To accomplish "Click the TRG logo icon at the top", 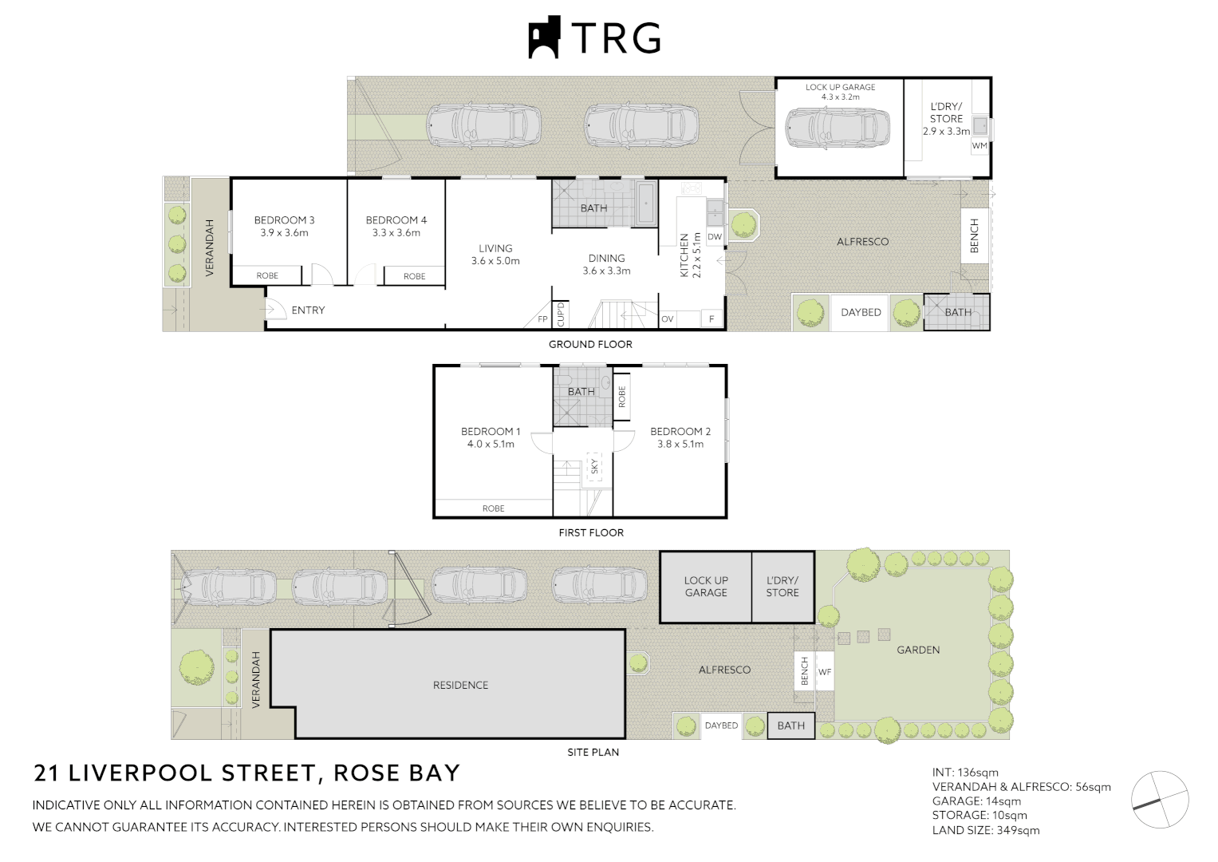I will coord(545,37).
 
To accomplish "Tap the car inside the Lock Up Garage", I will coord(837,128).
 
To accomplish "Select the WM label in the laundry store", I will coord(980,146).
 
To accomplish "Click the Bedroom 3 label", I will coord(284,220).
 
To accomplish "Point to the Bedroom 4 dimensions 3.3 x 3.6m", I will coord(396,233).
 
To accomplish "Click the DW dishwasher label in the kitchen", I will coord(715,237).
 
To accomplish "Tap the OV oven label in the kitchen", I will coord(668,319).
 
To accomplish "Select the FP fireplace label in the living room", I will coord(542,319).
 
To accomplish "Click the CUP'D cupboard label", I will coord(561,314).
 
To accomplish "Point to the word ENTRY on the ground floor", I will coord(308,310).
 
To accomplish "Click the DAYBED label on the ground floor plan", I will coord(861,313).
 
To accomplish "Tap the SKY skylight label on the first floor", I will coord(594,465).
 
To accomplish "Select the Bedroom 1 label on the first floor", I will coord(491,432).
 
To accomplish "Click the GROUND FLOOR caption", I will coord(590,345).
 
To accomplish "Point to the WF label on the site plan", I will coord(825,672).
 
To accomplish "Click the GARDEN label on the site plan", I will coord(918,650).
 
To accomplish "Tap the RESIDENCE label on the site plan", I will coord(460,686).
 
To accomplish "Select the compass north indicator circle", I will coord(1161,799).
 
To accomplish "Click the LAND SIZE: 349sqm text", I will coord(986,830).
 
